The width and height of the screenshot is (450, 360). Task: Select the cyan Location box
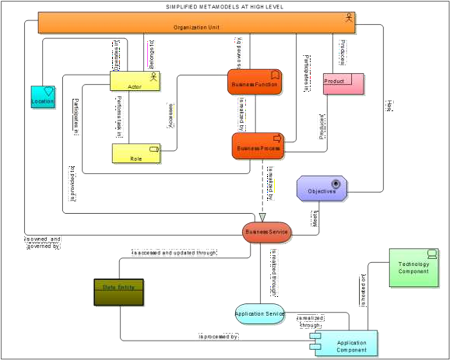tap(43, 98)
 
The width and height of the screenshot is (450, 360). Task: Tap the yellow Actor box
tap(135, 81)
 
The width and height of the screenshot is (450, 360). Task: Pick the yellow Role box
tap(135, 154)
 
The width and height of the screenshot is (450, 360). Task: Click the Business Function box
tap(255, 82)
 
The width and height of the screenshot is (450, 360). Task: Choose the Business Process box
tap(258, 146)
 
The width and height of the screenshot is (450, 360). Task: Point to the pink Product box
tap(343, 84)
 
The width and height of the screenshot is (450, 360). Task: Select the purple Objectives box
tap(322, 189)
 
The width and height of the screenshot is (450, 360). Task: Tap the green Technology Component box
tap(414, 268)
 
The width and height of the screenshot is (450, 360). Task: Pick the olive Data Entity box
tap(119, 292)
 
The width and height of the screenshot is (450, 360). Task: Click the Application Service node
tap(260, 314)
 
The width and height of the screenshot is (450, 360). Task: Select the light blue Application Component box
tap(347, 344)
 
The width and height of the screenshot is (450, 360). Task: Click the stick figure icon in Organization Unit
tap(349, 18)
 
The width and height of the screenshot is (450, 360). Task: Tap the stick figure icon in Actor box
tap(154, 77)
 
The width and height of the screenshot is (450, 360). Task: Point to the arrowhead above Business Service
tap(262, 217)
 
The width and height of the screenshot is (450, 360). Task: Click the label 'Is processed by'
tap(219, 337)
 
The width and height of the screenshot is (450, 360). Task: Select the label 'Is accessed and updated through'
tap(174, 253)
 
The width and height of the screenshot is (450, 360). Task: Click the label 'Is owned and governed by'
tap(43, 242)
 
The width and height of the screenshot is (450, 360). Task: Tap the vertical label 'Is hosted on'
tap(363, 290)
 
